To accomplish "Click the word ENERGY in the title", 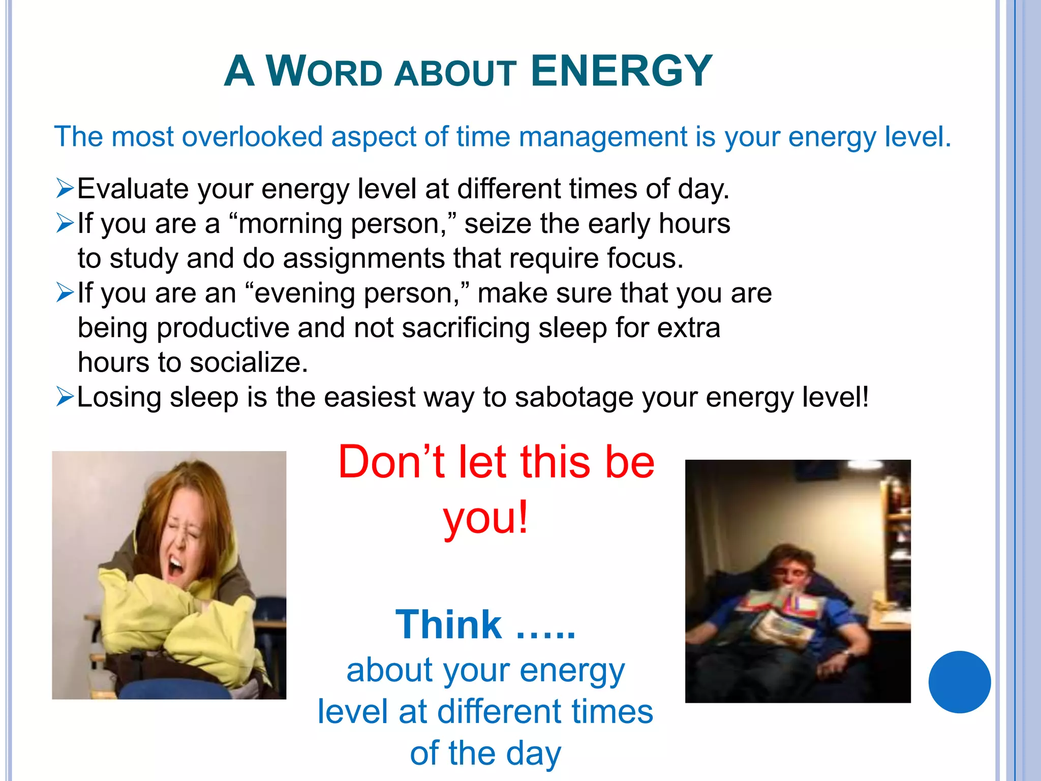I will pyautogui.click(x=621, y=71).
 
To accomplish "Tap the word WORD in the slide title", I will pyautogui.click(x=324, y=72).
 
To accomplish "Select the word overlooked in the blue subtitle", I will pyautogui.click(x=252, y=137).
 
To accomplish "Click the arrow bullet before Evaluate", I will pyautogui.click(x=65, y=189).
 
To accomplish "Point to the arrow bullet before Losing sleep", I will pyautogui.click(x=65, y=397).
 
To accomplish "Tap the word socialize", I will pyautogui.click(x=249, y=363).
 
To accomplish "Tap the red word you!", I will pyautogui.click(x=486, y=518).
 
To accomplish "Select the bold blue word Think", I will pyautogui.click(x=448, y=624).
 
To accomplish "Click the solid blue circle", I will pyautogui.click(x=959, y=682).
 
